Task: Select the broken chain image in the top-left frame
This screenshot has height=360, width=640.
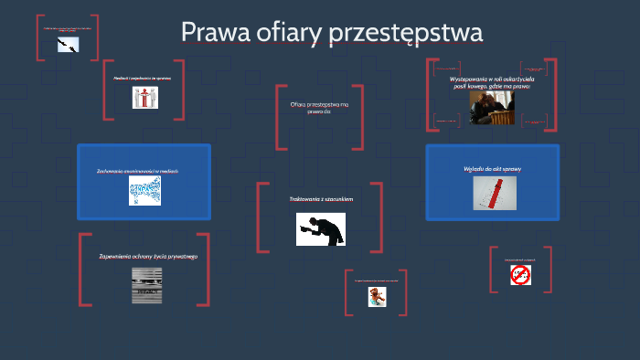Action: point(68,44)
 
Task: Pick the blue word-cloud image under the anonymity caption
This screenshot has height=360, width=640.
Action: point(144,190)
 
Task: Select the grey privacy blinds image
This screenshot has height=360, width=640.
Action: point(147,284)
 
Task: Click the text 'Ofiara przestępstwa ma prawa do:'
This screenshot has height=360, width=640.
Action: point(319,108)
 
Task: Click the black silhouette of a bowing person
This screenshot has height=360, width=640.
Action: point(320,228)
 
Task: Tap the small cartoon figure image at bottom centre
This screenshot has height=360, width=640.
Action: point(376,296)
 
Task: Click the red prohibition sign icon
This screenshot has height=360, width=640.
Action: point(520,275)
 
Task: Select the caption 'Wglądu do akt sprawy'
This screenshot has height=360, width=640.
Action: point(492,168)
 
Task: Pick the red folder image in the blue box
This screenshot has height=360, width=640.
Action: point(492,193)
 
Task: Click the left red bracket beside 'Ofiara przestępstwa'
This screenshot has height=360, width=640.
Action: point(279,117)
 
